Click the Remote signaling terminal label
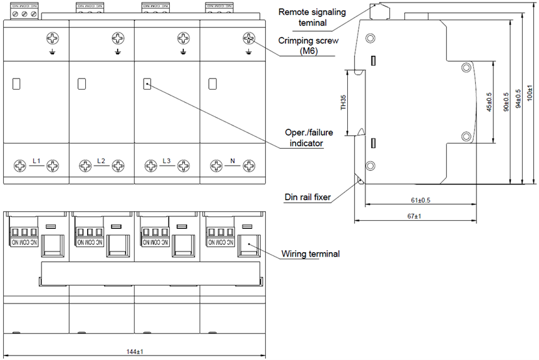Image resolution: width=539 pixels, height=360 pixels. (x=312, y=18)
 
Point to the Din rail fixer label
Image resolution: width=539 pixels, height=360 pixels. (x=308, y=197)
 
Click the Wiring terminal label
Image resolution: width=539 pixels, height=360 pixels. (x=310, y=254)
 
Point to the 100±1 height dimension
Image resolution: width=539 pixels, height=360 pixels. (x=531, y=95)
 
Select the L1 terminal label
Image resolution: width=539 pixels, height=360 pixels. (x=36, y=161)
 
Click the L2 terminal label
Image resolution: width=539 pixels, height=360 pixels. (x=101, y=161)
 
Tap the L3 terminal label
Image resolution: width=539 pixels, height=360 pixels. (x=167, y=161)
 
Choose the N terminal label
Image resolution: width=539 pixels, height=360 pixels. (x=233, y=161)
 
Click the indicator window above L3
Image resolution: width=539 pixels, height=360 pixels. (x=147, y=84)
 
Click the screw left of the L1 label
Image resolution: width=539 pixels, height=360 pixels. (x=20, y=166)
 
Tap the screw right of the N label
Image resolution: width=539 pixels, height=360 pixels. (x=249, y=166)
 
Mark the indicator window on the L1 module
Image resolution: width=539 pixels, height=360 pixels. (x=16, y=84)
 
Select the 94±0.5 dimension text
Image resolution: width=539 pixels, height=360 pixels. (x=518, y=101)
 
